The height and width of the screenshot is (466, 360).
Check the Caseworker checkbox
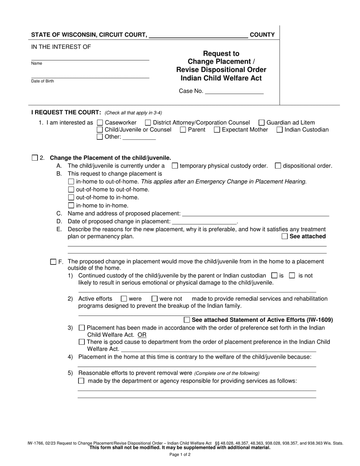click(100, 123)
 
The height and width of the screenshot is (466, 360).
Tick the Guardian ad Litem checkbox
click(261, 123)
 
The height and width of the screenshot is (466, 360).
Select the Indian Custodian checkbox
click(280, 130)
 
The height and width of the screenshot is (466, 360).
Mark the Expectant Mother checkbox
click(217, 130)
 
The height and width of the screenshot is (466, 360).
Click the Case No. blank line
click(234, 92)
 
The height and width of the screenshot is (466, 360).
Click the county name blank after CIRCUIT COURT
click(199, 35)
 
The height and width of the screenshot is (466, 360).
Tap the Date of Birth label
click(42, 81)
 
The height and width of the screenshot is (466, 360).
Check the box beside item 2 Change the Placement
click(35, 158)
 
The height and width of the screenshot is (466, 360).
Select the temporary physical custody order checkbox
click(175, 166)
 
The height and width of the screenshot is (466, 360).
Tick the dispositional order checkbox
click(278, 166)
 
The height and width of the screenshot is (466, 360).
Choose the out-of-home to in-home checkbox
click(71, 197)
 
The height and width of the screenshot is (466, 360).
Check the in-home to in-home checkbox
click(71, 206)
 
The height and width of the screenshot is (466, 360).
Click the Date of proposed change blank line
click(204, 222)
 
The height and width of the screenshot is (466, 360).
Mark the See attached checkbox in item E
click(285, 236)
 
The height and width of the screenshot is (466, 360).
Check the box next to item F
click(53, 262)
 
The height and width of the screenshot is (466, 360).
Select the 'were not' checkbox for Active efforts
click(155, 299)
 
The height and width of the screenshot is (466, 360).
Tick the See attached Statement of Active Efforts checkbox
click(187, 320)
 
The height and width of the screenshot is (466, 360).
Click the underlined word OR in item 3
click(142, 335)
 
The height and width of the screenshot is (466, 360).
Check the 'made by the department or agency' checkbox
click(81, 381)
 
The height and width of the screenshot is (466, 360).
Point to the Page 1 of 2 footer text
click(180, 455)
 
